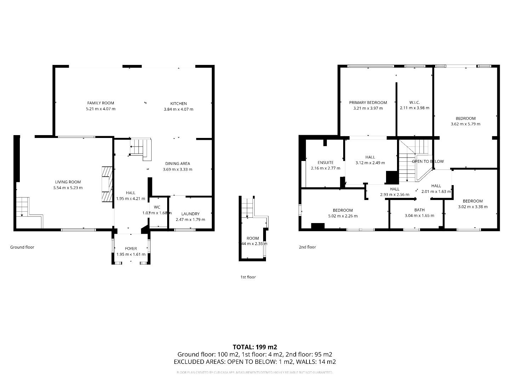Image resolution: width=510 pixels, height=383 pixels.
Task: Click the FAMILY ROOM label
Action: click(x=101, y=103)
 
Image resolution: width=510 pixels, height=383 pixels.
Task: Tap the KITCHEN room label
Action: click(x=178, y=104)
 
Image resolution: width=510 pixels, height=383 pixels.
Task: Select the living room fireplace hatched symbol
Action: click(x=106, y=184)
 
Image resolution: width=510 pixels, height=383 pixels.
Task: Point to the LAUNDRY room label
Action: click(x=190, y=214)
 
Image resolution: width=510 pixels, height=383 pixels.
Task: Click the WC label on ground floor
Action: click(x=157, y=207)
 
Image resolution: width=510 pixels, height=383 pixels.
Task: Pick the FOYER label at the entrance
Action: click(x=131, y=249)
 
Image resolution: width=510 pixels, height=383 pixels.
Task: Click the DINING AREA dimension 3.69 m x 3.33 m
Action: click(x=177, y=170)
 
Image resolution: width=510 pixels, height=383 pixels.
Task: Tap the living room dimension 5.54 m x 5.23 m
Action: click(x=68, y=188)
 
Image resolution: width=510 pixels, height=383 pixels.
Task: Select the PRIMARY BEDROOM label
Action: click(x=368, y=102)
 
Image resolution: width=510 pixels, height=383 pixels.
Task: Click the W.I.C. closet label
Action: click(x=414, y=102)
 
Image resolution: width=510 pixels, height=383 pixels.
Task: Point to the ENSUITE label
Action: click(x=325, y=162)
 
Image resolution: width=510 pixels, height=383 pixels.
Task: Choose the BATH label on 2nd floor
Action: click(x=419, y=210)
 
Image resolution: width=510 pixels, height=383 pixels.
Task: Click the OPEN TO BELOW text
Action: click(x=427, y=161)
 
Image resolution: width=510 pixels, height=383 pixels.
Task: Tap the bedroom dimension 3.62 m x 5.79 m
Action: click(x=465, y=124)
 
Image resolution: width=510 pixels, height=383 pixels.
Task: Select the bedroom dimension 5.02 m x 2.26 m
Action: click(x=342, y=216)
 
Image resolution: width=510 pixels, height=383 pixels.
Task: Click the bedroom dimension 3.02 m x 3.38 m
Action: click(x=472, y=207)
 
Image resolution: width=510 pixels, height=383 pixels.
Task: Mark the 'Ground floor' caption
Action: click(x=22, y=247)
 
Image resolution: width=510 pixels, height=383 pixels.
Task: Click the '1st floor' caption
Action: click(x=248, y=277)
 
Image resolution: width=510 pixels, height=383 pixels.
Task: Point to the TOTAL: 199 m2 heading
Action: click(x=255, y=347)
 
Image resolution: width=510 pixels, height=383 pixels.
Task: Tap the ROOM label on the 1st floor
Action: click(x=253, y=238)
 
